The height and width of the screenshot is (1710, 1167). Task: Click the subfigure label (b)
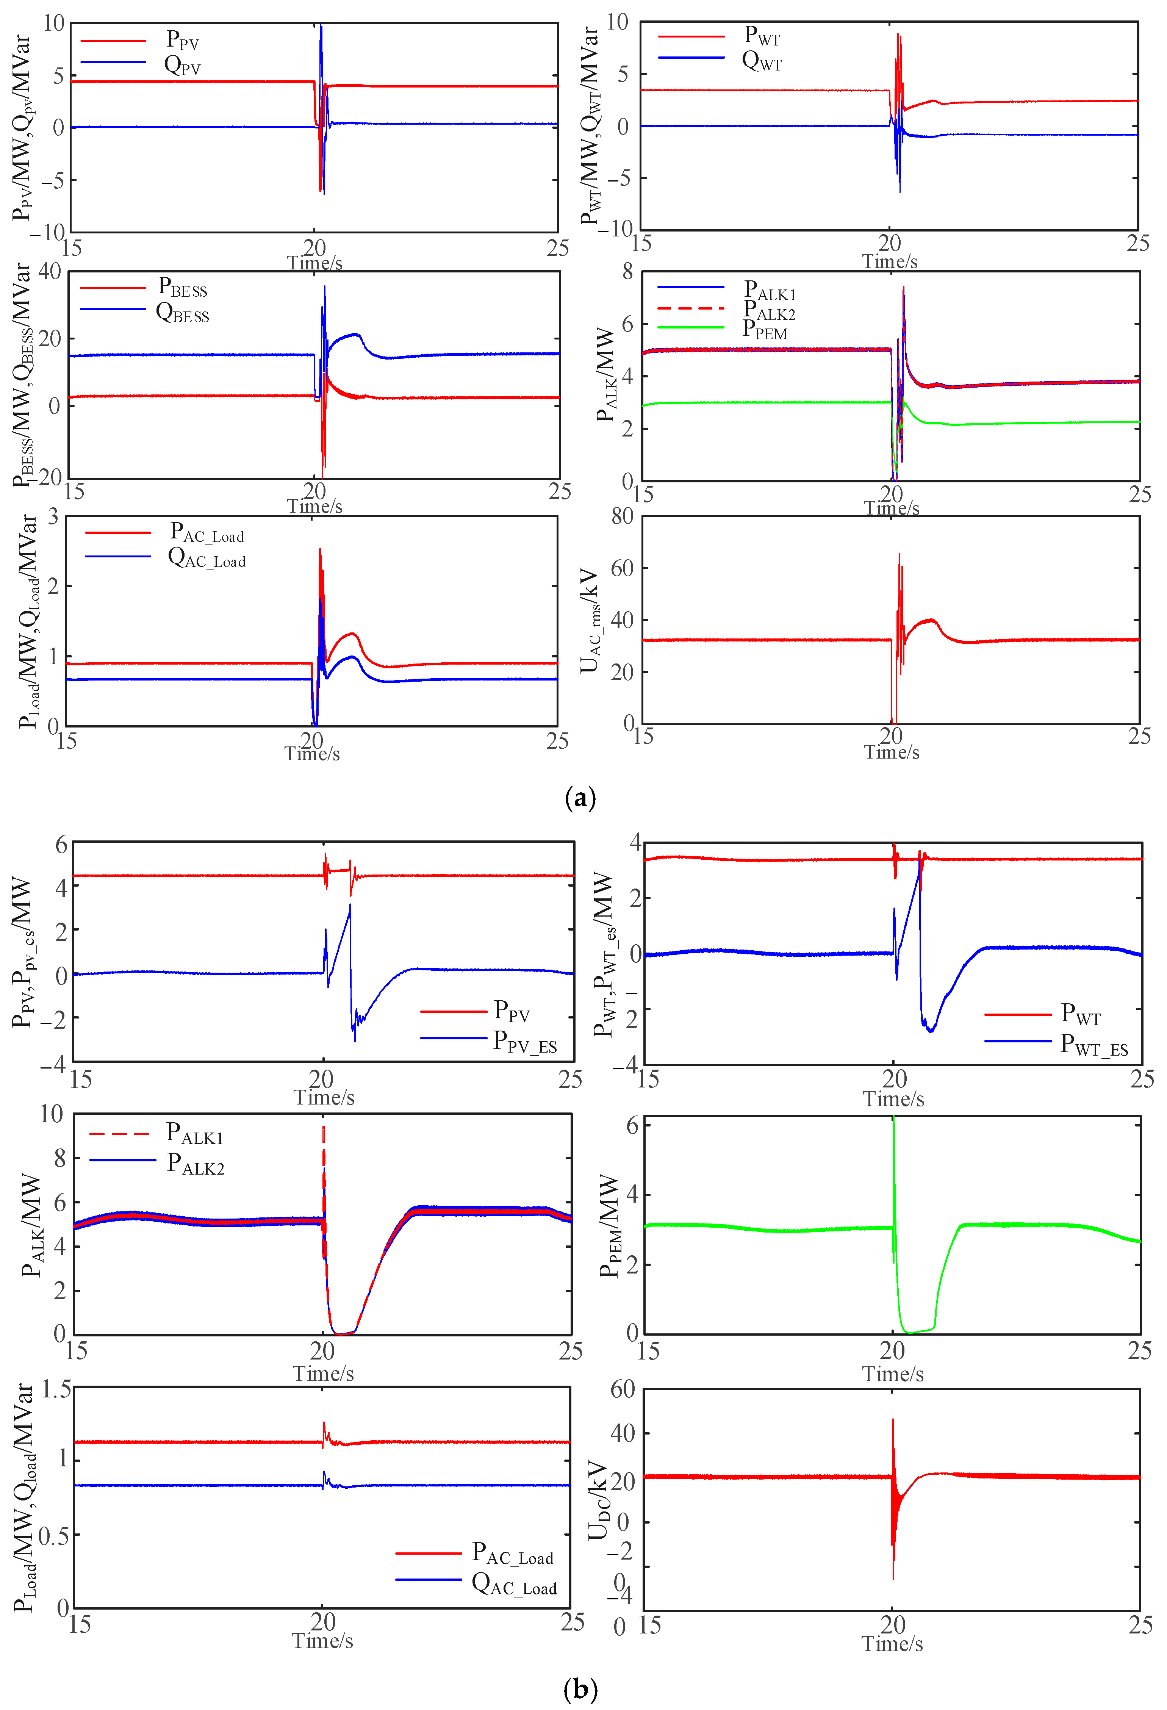(580, 1689)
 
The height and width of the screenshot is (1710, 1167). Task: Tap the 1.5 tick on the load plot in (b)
(56, 1389)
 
